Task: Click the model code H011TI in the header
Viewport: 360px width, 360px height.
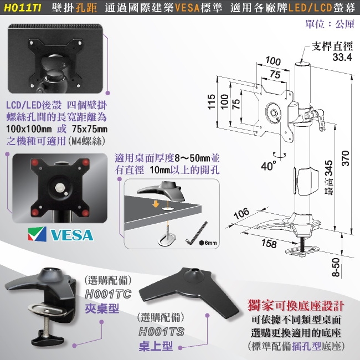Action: [22, 9]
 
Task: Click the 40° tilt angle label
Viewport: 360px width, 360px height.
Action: [268, 164]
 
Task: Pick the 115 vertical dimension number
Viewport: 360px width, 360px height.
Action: [211, 103]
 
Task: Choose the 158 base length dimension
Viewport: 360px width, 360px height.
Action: [269, 243]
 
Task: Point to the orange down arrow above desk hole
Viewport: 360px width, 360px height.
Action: [157, 203]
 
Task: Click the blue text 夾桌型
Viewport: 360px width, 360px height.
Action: [102, 308]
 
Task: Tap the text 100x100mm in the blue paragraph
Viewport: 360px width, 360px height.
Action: [31, 128]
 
